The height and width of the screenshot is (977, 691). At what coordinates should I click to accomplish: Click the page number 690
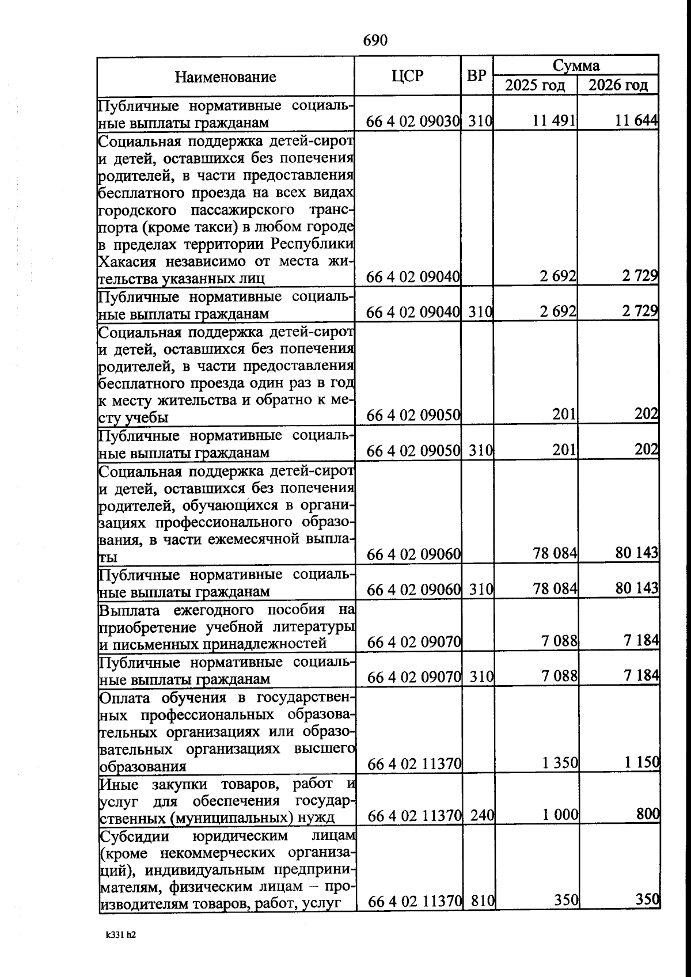[375, 40]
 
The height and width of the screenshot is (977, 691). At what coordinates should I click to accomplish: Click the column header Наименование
[225, 77]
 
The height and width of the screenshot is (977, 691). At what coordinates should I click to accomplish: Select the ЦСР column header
[407, 75]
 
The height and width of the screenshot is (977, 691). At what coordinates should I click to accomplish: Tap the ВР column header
[476, 75]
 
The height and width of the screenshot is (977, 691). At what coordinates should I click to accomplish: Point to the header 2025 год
[535, 86]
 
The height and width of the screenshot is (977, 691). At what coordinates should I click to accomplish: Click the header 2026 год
[618, 86]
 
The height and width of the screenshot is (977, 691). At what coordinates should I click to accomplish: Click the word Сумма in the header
[576, 65]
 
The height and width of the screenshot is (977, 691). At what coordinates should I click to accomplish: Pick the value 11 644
[636, 121]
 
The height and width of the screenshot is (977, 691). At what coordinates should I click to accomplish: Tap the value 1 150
[641, 763]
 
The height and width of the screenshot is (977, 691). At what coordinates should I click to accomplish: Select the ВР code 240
[481, 815]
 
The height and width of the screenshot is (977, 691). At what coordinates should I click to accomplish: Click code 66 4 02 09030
[413, 121]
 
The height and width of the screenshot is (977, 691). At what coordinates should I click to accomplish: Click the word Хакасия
[127, 262]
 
